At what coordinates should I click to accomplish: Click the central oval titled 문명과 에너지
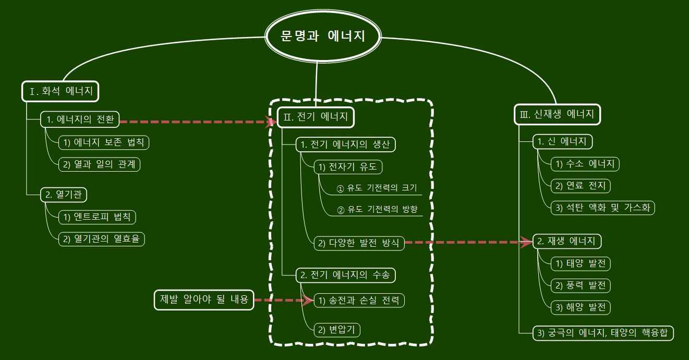323,37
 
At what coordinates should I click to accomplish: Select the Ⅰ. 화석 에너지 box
61,91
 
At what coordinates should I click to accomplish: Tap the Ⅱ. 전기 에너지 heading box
316,117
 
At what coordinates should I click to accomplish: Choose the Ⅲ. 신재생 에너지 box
557,115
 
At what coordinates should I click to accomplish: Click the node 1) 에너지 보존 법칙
104,142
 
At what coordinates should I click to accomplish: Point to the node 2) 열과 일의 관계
99,164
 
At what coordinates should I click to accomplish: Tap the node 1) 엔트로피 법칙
98,217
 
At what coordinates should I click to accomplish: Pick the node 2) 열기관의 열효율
101,239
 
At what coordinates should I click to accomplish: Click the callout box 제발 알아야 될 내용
204,300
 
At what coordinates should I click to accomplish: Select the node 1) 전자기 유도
348,167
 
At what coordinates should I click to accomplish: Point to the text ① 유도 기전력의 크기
377,188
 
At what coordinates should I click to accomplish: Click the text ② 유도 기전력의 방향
378,210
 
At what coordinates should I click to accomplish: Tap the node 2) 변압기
337,330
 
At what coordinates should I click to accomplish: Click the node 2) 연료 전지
581,186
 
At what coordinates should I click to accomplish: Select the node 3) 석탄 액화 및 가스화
602,208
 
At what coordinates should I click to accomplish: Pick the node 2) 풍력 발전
581,285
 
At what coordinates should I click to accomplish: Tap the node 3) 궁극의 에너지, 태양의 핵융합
603,333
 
